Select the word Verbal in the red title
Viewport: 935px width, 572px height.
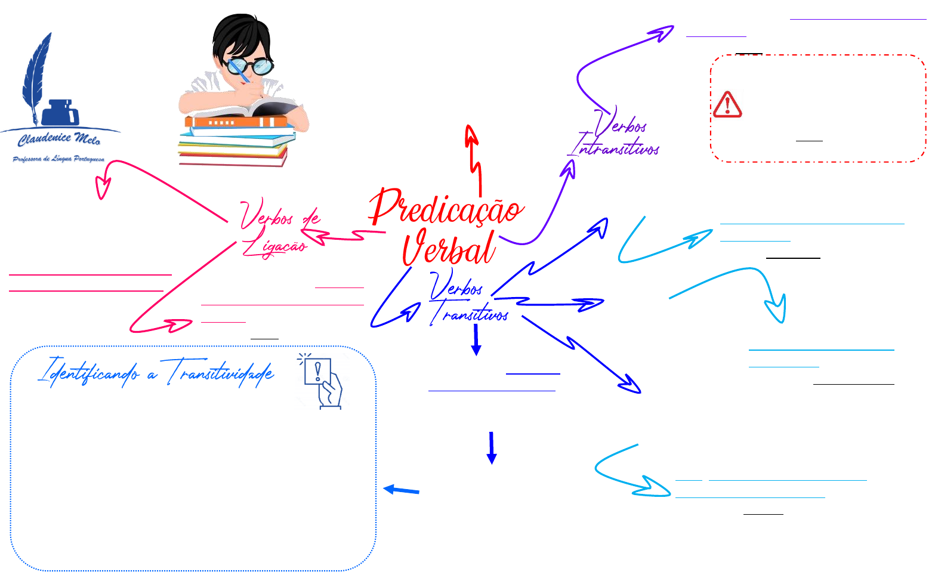pos(449,248)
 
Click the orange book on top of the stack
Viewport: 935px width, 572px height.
pos(239,122)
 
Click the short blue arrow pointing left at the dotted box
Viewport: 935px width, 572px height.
pos(401,490)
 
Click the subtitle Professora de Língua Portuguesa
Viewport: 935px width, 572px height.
pos(58,159)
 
